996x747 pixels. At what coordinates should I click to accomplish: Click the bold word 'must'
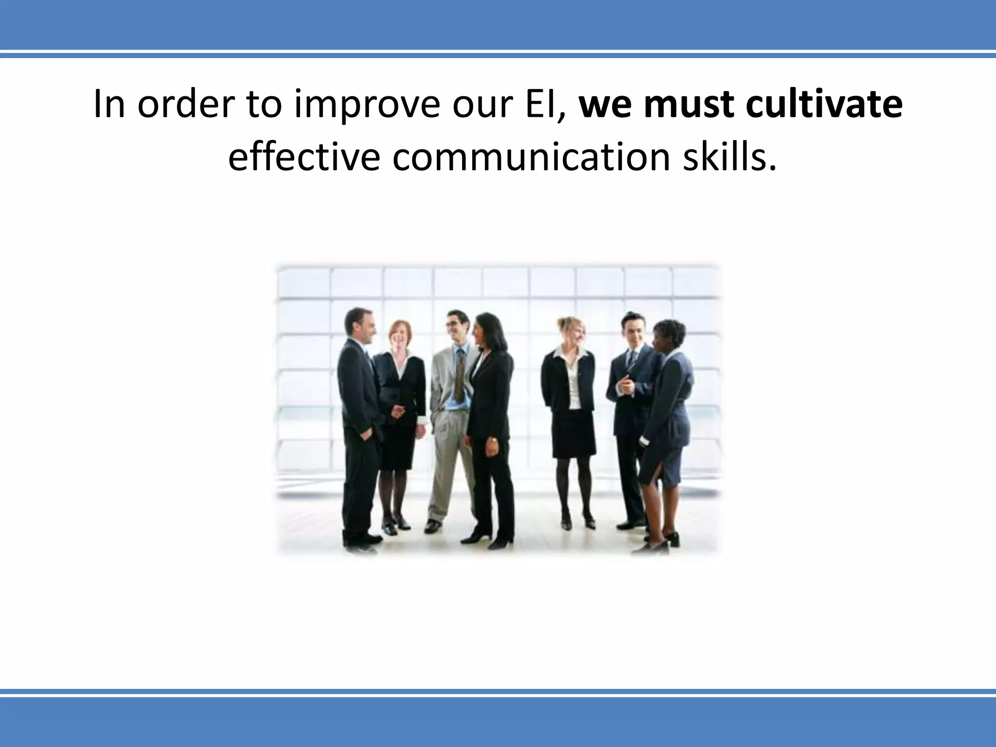click(688, 105)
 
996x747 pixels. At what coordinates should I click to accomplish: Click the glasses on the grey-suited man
click(453, 323)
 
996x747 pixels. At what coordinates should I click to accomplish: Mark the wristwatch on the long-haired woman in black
click(494, 440)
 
